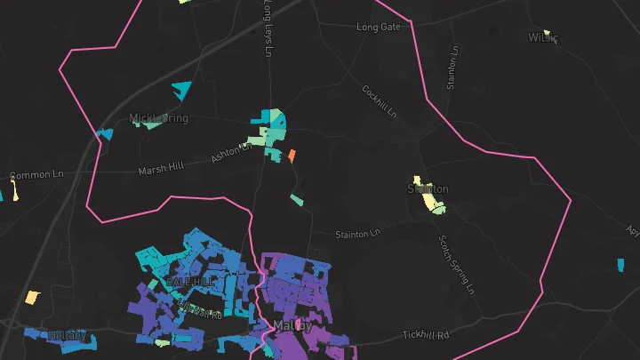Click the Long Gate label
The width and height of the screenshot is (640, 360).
tap(379, 28)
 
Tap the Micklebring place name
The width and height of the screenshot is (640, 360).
tap(159, 118)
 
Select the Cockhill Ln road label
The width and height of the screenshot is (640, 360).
tap(379, 102)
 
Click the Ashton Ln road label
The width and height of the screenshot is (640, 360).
tap(231, 153)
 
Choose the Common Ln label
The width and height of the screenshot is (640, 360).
tap(37, 176)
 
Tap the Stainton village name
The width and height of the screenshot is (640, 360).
tap(428, 189)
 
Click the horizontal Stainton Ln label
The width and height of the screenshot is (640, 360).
tap(357, 234)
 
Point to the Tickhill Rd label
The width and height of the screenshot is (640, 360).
tap(427, 335)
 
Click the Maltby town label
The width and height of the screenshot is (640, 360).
tap(293, 326)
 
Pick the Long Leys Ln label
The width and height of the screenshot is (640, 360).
tap(267, 27)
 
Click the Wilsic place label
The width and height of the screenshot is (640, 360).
tap(541, 38)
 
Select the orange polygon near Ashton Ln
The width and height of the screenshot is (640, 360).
tap(291, 156)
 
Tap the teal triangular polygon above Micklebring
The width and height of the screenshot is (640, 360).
tap(182, 90)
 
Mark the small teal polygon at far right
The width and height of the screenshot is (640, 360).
tap(620, 264)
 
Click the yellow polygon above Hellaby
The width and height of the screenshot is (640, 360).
tap(32, 298)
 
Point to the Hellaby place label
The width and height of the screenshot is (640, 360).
tap(68, 335)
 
